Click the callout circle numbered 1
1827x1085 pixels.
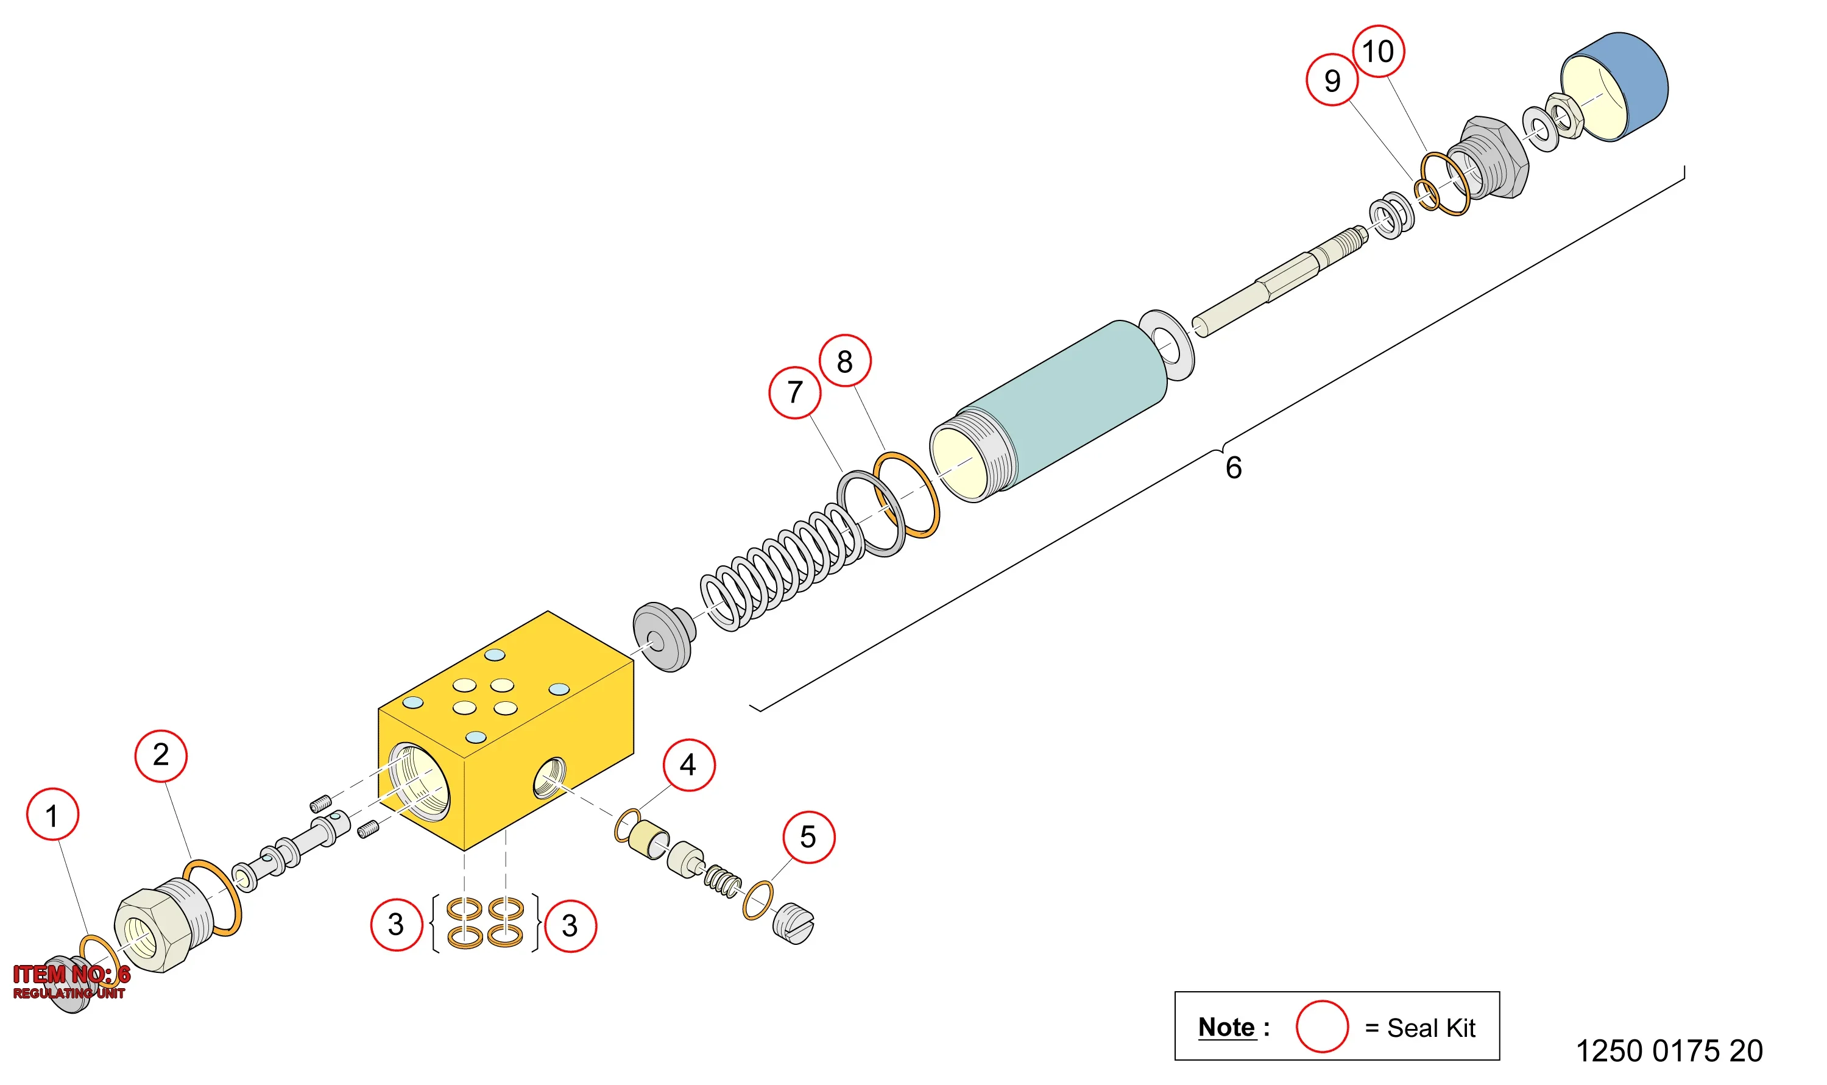pos(52,815)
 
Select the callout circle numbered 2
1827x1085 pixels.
pos(161,756)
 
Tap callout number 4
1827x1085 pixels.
pos(688,765)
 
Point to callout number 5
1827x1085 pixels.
pos(808,837)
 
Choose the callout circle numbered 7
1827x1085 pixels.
pos(794,392)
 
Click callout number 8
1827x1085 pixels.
pos(844,361)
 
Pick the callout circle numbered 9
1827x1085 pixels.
pos(1332,80)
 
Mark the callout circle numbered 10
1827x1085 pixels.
pos(1378,51)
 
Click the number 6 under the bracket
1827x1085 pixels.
pos(1234,467)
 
